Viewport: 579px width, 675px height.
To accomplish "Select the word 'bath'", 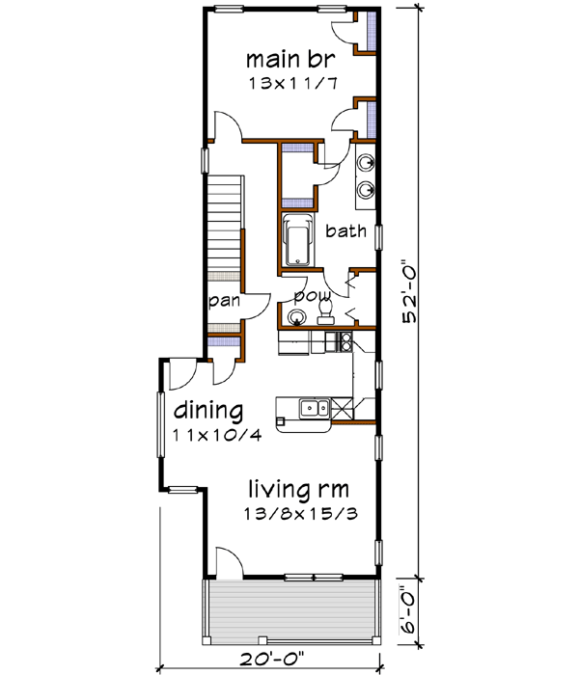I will pyautogui.click(x=345, y=231).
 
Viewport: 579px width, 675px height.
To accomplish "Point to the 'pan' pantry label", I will pyautogui.click(x=225, y=301).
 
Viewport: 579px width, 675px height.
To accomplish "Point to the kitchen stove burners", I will pyautogui.click(x=337, y=339).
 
